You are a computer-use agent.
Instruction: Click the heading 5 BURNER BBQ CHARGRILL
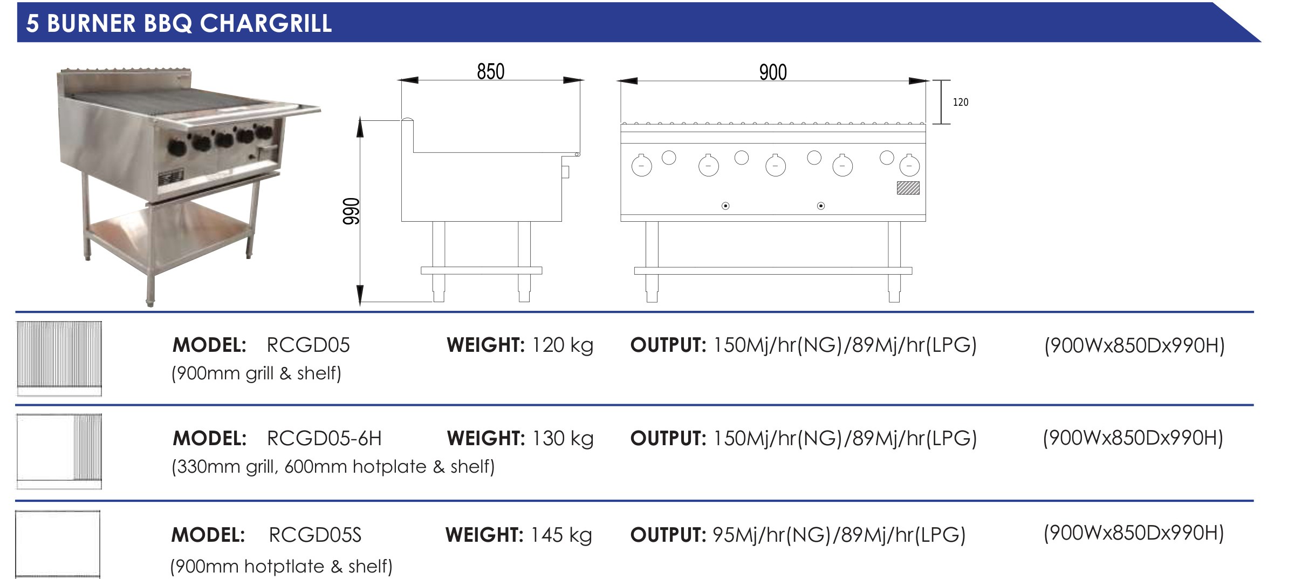tap(179, 23)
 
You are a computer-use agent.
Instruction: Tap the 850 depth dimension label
tap(490, 71)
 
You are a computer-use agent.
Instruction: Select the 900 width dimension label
tap(773, 72)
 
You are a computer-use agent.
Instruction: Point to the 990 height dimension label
tap(351, 211)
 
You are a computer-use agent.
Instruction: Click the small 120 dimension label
tap(961, 102)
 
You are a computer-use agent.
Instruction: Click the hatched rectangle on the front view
tap(908, 188)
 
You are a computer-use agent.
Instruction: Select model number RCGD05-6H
tap(324, 438)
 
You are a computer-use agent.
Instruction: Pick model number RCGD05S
tap(315, 535)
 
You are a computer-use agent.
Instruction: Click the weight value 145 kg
tap(561, 535)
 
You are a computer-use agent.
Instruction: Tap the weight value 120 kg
tap(563, 345)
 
